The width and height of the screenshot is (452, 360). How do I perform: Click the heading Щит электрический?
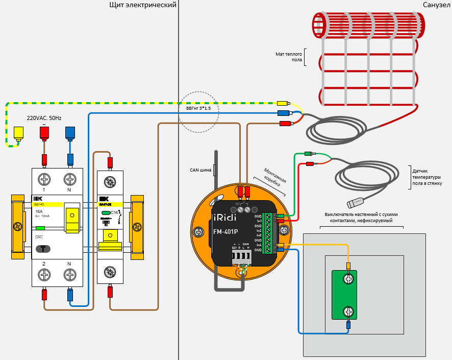click(x=143, y=5)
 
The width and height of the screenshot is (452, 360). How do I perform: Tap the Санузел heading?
click(x=437, y=5)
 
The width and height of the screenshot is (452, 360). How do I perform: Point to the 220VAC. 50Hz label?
click(x=44, y=118)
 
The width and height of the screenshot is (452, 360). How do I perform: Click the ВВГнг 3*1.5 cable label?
click(x=198, y=109)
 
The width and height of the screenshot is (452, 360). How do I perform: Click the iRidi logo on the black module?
click(x=225, y=215)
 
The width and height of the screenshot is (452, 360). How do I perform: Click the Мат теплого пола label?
click(x=289, y=57)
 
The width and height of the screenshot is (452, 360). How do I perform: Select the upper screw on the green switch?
click(x=348, y=279)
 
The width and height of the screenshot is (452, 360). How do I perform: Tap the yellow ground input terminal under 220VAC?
click(x=19, y=133)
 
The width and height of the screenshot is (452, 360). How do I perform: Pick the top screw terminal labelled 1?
click(x=44, y=179)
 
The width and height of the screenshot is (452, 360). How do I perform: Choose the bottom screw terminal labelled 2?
click(x=44, y=275)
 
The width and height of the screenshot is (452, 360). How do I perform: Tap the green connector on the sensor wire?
click(x=308, y=154)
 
